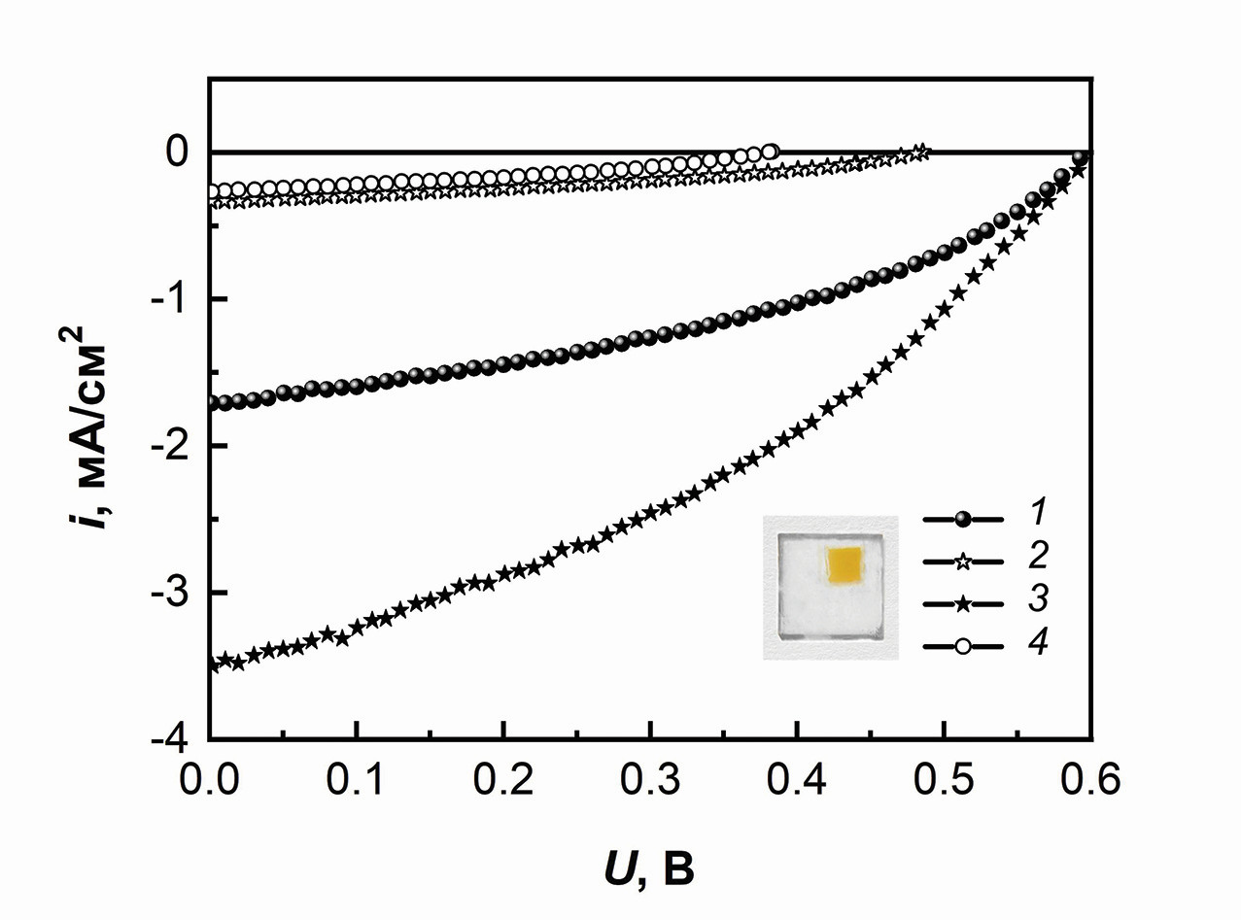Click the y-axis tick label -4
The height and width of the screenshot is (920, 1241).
click(x=172, y=740)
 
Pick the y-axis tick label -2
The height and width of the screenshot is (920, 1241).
click(x=172, y=446)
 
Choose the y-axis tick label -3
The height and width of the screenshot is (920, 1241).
click(x=172, y=594)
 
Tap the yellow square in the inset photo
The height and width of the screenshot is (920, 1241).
click(x=844, y=565)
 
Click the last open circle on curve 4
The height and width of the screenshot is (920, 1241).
click(x=771, y=152)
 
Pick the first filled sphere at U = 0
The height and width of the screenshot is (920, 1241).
click(x=212, y=402)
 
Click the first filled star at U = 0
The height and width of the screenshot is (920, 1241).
click(x=212, y=665)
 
